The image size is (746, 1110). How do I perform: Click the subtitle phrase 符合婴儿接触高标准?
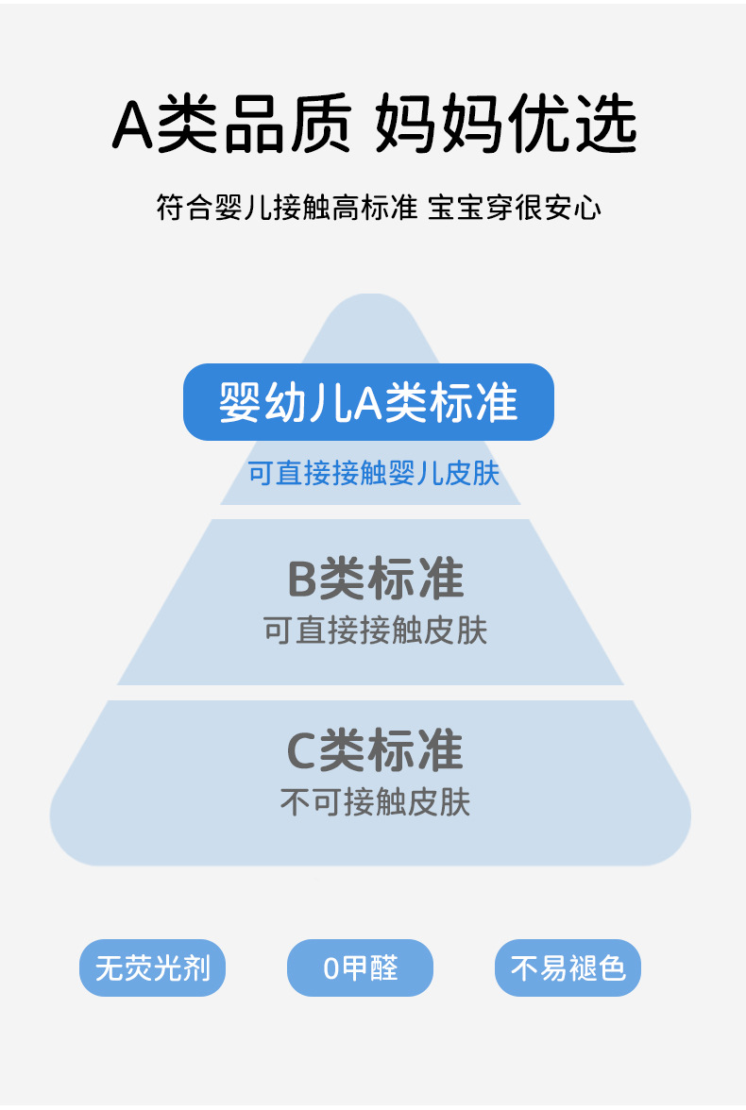tap(286, 208)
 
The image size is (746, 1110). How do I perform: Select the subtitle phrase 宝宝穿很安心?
tap(515, 208)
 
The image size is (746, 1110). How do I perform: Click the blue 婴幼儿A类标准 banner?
tap(368, 402)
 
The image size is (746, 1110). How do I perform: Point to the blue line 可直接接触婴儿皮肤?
tap(373, 473)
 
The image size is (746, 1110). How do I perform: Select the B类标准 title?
tap(375, 579)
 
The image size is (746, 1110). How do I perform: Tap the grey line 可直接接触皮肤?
tap(375, 631)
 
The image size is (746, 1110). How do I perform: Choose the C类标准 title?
tap(375, 751)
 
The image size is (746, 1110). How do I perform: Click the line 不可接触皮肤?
tap(375, 802)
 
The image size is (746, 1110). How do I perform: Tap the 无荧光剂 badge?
tap(152, 967)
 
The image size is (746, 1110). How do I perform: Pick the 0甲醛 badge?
tap(360, 967)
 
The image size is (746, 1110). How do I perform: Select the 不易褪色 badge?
tap(568, 967)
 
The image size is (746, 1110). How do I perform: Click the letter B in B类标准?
tap(301, 580)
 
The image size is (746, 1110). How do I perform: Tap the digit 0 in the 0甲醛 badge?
tap(331, 968)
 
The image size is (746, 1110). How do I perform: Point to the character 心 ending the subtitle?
tap(589, 208)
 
